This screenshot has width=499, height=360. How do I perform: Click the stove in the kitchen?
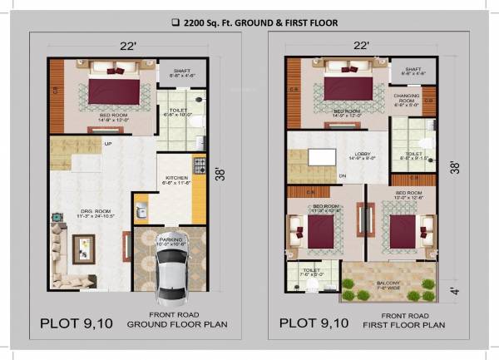(199, 163)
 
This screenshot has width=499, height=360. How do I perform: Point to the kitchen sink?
(142, 203)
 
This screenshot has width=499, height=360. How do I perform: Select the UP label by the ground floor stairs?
(107, 143)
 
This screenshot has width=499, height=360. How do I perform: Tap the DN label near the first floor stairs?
(343, 176)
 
